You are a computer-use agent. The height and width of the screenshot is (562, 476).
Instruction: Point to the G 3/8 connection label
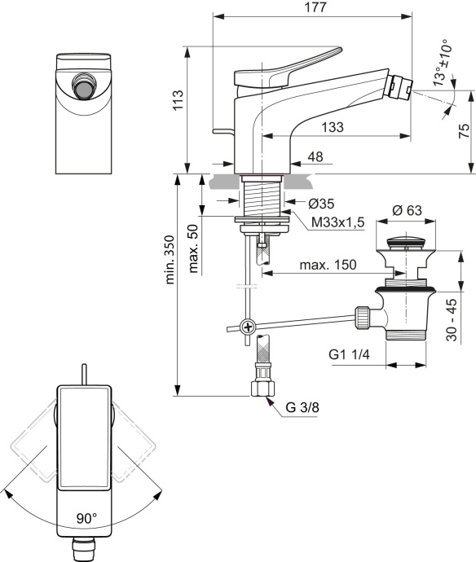(303, 409)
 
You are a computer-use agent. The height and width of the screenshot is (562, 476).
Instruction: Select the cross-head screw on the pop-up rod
(244, 327)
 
